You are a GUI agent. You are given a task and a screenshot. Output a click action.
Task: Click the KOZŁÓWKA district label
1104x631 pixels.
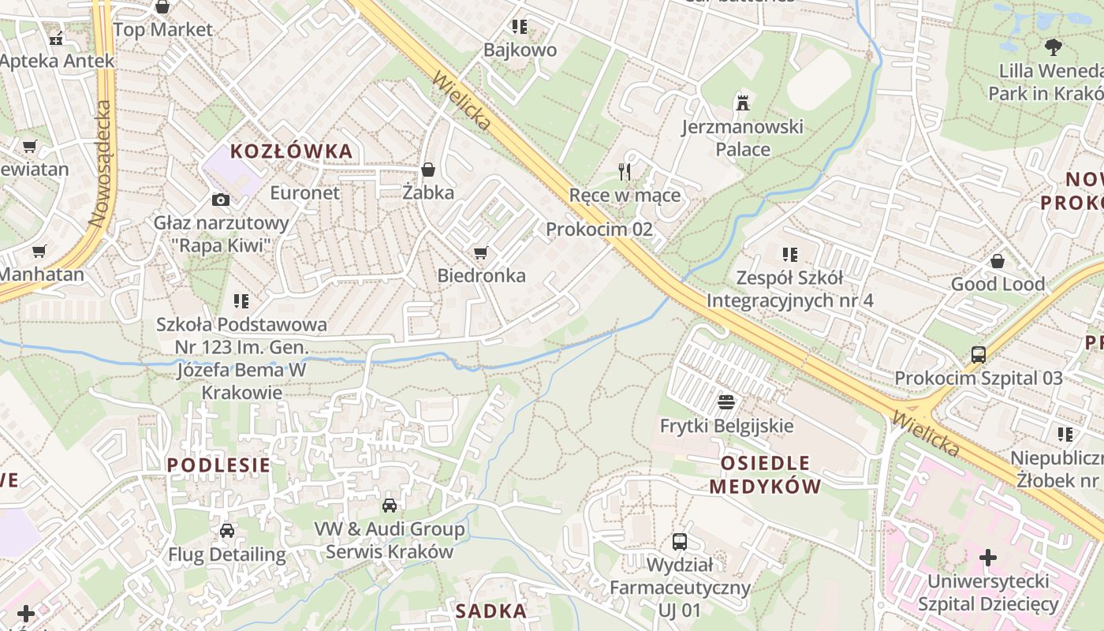(291, 151)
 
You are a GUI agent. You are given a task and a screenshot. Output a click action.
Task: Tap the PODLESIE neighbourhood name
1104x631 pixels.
(218, 465)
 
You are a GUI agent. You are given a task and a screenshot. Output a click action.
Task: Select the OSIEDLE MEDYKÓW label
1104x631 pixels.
(765, 474)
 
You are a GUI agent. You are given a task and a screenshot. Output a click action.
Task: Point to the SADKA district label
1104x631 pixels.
(491, 610)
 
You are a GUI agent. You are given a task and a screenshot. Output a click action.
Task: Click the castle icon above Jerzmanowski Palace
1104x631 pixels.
(742, 102)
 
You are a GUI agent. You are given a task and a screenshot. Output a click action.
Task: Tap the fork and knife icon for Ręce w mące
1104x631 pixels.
(625, 170)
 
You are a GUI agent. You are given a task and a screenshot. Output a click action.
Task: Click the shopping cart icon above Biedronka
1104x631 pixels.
(481, 252)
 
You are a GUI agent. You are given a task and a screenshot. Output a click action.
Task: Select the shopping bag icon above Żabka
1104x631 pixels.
(428, 169)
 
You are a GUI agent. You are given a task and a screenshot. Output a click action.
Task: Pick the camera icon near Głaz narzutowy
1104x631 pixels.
(221, 200)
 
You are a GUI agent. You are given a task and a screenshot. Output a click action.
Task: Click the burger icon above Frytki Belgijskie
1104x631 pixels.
(726, 402)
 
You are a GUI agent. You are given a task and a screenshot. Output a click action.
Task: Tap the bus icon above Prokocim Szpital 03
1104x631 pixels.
(979, 354)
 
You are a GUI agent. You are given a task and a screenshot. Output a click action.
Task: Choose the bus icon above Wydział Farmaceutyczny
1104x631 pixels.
(679, 541)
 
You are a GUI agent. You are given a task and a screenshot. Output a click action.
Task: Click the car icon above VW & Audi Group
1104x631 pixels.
(390, 505)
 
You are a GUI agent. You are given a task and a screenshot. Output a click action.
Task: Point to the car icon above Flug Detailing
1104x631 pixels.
(227, 531)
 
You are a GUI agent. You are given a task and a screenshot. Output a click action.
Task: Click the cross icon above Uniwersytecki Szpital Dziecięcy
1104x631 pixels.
(987, 558)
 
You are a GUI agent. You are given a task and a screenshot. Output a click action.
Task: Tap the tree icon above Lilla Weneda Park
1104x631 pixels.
(1053, 47)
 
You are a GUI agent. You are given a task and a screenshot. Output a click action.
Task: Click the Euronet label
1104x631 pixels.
(305, 192)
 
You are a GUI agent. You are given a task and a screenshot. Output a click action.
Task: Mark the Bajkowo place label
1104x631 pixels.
(520, 50)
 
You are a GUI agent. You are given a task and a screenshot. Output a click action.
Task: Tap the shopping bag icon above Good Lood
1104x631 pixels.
(998, 260)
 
